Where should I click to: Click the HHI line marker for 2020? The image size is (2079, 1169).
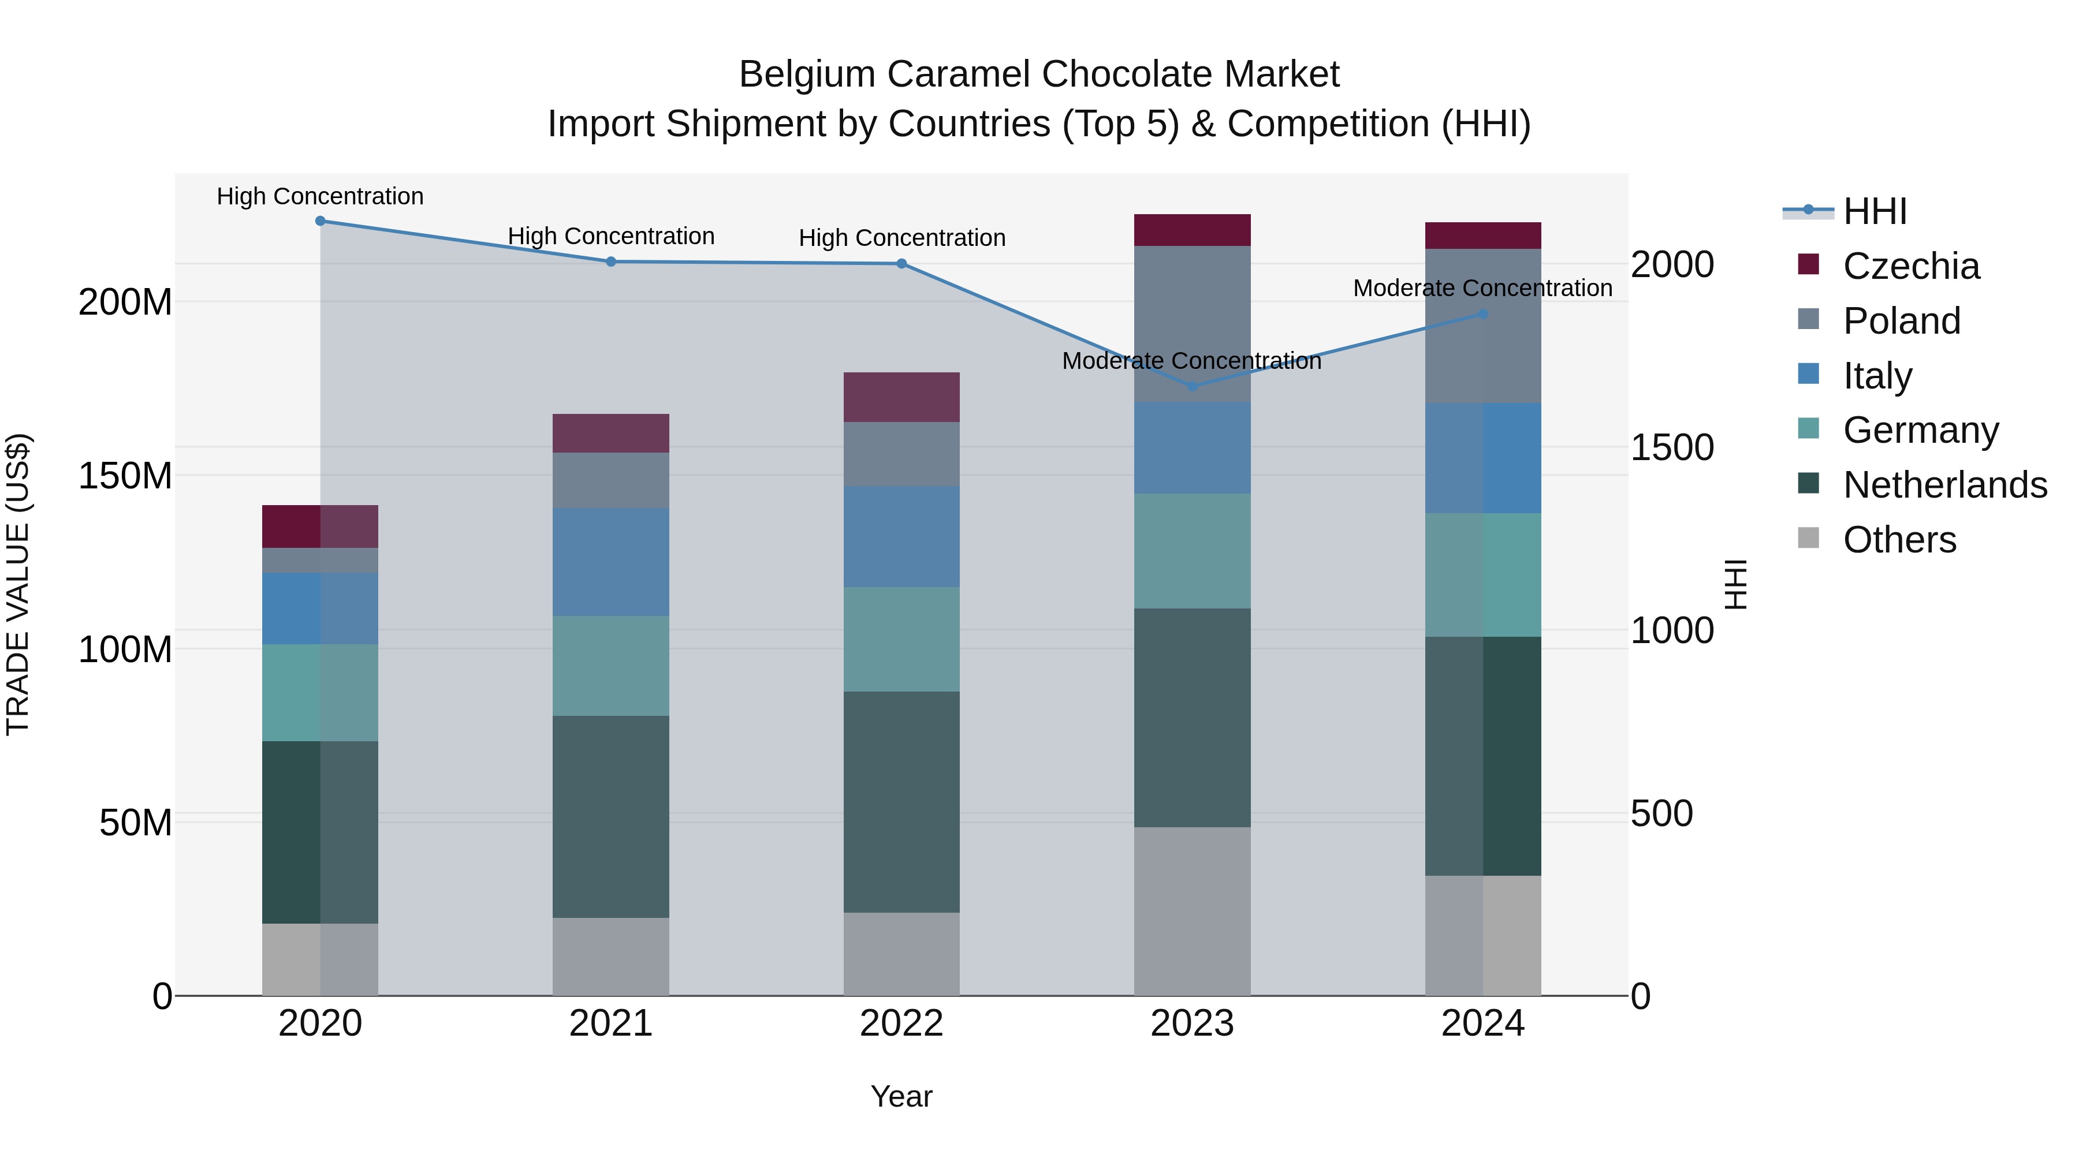(321, 221)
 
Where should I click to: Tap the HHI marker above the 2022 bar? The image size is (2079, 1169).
(901, 264)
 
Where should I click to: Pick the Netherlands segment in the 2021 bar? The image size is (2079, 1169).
(611, 816)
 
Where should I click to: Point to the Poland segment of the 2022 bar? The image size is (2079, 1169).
(901, 454)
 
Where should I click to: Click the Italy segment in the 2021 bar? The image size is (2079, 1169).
(611, 562)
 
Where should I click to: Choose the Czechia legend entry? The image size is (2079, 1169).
(1910, 266)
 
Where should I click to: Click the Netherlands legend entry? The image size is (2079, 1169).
(1944, 485)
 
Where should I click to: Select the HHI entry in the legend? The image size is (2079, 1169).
(1874, 211)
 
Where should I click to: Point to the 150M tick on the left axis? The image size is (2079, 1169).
(125, 476)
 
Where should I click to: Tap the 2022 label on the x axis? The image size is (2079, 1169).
(901, 1024)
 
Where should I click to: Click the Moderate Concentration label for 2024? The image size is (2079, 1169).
(1482, 288)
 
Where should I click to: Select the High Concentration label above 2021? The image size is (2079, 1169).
(611, 236)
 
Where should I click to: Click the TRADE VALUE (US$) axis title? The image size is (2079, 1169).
(18, 584)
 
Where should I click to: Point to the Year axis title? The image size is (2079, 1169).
(901, 1096)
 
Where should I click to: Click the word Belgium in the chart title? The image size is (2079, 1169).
(807, 74)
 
